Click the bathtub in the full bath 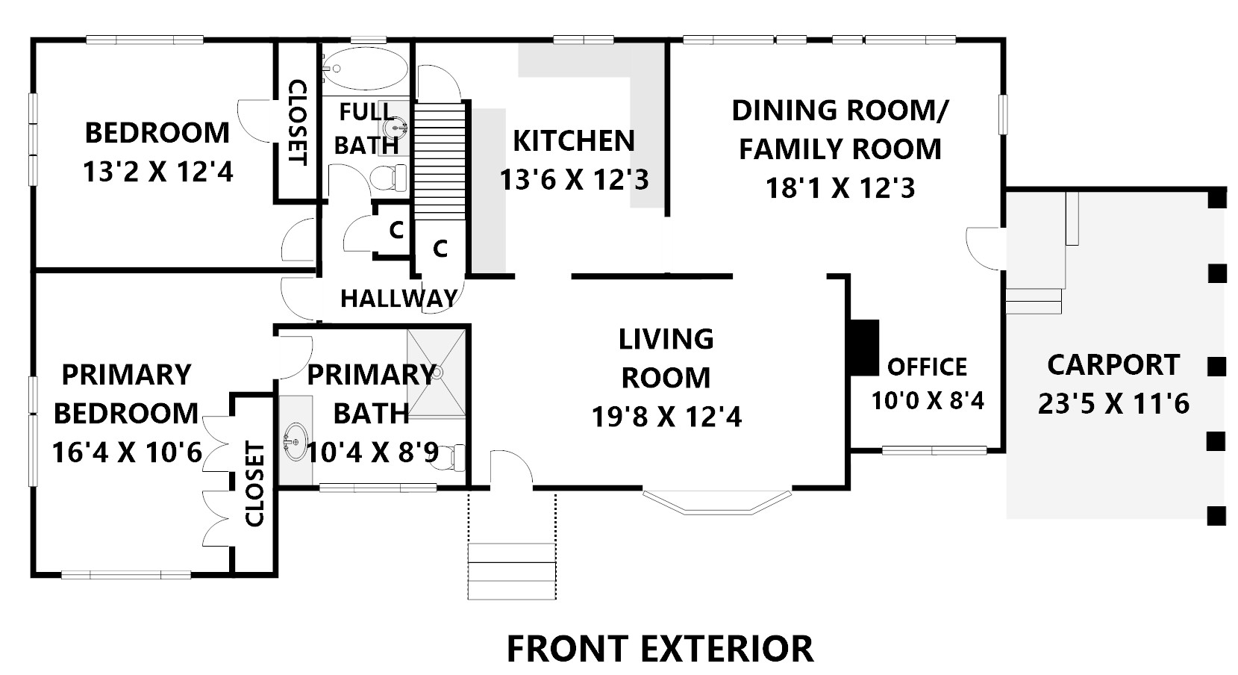(366, 69)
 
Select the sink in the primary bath (296, 442)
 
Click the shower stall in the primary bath (437, 373)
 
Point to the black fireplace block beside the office (864, 348)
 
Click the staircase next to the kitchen (440, 161)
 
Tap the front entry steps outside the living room (512, 571)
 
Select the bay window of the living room (717, 502)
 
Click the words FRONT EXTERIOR (660, 649)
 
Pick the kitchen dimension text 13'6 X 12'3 (575, 180)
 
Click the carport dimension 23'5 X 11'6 (1113, 403)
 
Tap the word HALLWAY (398, 299)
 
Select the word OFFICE (928, 367)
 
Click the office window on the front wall (934, 450)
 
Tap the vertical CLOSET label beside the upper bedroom (298, 122)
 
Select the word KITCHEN (575, 141)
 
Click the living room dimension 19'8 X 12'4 (666, 417)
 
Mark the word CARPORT (1113, 365)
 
